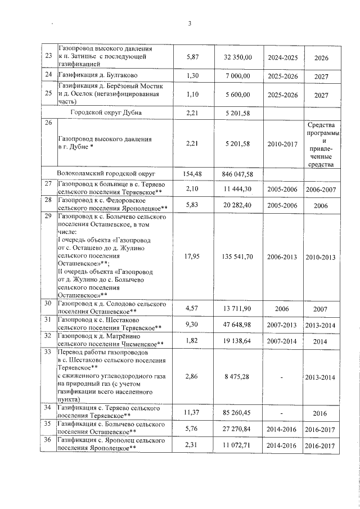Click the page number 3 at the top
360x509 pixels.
[x=190, y=23]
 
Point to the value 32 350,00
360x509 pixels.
[x=237, y=57]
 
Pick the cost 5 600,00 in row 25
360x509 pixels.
[x=237, y=94]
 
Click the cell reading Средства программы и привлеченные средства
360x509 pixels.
[x=321, y=144]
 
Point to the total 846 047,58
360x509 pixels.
[x=237, y=174]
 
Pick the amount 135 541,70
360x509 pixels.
[x=237, y=256]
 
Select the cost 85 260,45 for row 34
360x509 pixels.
[x=237, y=413]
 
